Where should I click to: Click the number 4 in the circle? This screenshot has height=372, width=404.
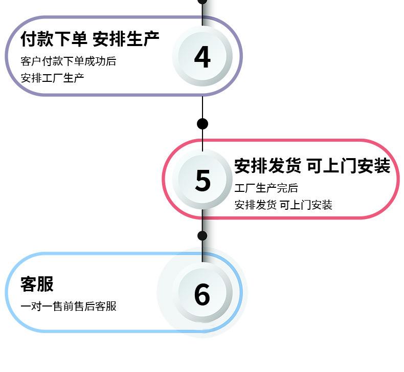coord(203,57)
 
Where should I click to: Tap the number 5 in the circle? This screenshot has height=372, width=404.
coord(203,180)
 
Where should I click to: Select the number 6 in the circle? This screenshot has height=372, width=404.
coord(202,294)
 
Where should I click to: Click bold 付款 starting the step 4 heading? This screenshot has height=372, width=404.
coord(37,39)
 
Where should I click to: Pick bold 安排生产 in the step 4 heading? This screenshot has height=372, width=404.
coord(126,39)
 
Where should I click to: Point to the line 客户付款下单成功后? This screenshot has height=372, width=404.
coord(69,61)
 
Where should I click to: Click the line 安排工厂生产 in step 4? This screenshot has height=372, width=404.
coord(52,78)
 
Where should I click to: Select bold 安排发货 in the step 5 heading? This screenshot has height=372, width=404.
coord(267,166)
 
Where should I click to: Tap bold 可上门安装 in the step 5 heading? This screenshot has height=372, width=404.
coord(349,166)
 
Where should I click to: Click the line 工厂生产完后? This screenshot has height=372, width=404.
coord(266,188)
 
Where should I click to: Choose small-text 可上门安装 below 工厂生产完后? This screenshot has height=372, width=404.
coord(306,205)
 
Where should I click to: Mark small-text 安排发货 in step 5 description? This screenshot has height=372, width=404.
coord(255,205)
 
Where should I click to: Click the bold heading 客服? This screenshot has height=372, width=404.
coord(37,284)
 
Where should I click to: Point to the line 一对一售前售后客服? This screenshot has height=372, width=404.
coord(69,307)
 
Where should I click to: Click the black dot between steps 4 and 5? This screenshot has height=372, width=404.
coord(203,124)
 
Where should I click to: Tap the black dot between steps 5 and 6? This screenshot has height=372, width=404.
coord(203,235)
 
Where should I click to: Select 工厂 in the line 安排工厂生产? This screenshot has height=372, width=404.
coord(52,78)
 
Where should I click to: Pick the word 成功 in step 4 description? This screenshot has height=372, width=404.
coord(95,61)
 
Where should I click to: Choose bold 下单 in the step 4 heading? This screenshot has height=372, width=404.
coord(71,39)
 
